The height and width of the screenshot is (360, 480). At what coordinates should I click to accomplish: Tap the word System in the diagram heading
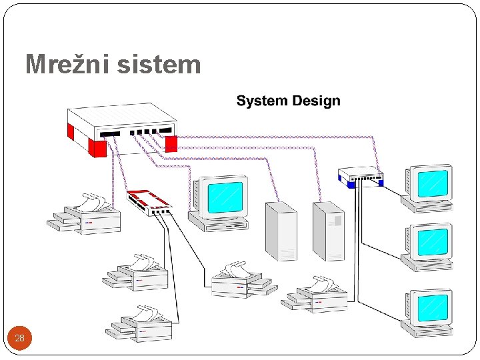pos(262,101)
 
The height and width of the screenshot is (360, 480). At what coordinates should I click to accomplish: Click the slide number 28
pos(19,338)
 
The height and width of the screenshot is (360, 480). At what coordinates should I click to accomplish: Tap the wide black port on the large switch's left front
pos(110,134)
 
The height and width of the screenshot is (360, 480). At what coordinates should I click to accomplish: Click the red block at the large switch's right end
pos(171,143)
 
